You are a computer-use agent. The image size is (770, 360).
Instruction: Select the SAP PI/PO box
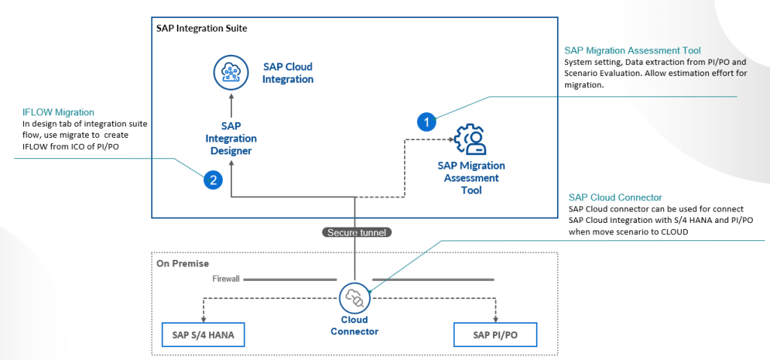(495, 334)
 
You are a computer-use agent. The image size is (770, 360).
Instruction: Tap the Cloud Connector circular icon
(354, 298)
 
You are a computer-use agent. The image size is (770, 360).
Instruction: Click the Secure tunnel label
(355, 233)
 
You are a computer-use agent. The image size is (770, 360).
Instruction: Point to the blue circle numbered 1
(427, 121)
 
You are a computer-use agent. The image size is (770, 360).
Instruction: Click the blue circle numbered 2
(213, 180)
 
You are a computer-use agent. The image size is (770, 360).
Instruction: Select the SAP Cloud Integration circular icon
(230, 73)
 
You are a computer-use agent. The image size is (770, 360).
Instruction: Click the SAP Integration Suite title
(201, 29)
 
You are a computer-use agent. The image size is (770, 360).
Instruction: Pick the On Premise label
(184, 264)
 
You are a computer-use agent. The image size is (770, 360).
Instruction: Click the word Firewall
(225, 279)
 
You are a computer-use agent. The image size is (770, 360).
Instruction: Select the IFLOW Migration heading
(58, 112)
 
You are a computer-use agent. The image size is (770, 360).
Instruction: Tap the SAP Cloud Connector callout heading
(615, 197)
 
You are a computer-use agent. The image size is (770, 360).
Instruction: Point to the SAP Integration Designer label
(231, 139)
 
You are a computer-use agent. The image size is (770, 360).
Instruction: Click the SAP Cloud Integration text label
(288, 73)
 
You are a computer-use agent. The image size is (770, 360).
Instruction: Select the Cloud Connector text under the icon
(354, 325)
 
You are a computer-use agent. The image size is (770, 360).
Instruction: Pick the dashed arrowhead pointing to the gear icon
(449, 139)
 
